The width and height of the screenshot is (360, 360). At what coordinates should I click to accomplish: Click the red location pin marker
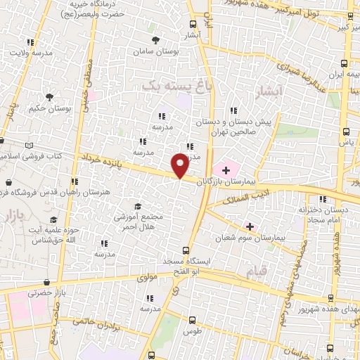(x=180, y=165)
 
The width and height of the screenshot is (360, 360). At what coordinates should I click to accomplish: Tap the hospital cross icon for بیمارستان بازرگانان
(x=226, y=169)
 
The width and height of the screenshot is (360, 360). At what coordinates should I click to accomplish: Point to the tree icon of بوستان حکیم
(x=49, y=96)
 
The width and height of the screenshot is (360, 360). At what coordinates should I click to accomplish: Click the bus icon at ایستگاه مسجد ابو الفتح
(x=186, y=250)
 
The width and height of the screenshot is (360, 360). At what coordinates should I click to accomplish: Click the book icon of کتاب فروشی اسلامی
(x=29, y=145)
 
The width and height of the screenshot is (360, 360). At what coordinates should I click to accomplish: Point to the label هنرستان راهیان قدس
(x=56, y=191)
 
